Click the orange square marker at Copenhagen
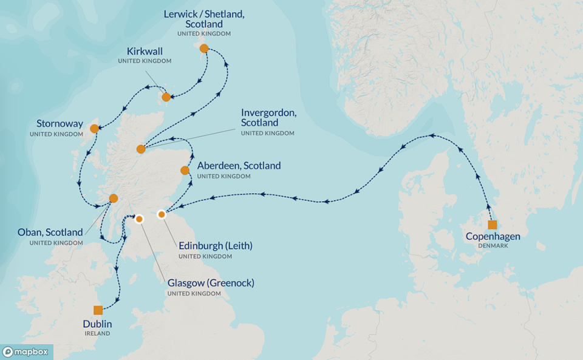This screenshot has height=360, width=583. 493,225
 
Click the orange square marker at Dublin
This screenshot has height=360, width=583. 98,310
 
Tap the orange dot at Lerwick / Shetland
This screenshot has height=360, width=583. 204,48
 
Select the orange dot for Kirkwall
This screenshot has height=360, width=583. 166,97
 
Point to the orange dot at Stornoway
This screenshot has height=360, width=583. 94,129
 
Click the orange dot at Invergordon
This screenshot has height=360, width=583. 141,149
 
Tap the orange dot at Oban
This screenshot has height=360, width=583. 114,199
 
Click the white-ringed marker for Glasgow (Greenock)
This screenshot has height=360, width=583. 138,219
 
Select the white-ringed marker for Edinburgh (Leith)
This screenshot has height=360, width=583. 162,214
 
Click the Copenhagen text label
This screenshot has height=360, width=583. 493,237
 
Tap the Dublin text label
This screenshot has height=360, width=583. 97,324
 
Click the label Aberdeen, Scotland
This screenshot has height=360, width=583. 239,166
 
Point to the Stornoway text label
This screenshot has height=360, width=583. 59,124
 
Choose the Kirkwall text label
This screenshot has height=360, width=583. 145,51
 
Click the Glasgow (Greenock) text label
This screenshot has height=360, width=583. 211,283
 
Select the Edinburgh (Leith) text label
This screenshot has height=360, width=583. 215,246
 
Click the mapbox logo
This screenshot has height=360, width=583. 27,352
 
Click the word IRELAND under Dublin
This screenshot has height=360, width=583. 97,333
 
